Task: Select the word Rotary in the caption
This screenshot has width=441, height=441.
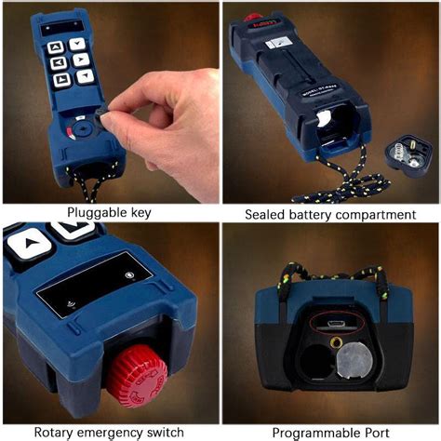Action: coord(58,432)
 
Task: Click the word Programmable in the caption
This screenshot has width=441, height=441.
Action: coord(312,433)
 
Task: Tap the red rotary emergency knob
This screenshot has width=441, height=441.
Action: coord(135,380)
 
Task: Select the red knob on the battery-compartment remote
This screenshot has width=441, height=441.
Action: coord(251,17)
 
